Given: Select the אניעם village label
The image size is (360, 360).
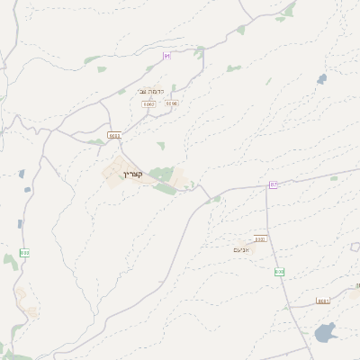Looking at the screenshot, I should pos(244,249).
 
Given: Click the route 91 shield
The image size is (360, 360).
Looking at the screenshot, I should pos(166,56).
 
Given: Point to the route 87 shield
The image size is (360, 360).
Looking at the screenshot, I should pos(273,184).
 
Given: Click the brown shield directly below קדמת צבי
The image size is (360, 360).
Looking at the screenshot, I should pos(148,104).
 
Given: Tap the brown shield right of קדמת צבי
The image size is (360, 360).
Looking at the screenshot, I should pos(172,103).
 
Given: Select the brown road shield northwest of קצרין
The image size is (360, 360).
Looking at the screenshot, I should pos(113,135).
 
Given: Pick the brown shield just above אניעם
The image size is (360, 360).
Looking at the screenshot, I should pos(260,238).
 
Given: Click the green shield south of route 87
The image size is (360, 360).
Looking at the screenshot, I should pos(279,271).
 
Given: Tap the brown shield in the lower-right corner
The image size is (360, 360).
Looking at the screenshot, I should pos(323,301).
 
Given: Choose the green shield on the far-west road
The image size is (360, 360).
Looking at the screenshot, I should pos(24,253).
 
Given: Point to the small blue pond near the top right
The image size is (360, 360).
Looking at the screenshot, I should pos(322,79).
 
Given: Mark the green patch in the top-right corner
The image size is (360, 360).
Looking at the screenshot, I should pos(289,10).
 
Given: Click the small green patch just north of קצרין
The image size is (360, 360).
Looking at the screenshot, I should pos(161,145).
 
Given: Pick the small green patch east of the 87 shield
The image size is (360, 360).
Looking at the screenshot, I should pos(334,178).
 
